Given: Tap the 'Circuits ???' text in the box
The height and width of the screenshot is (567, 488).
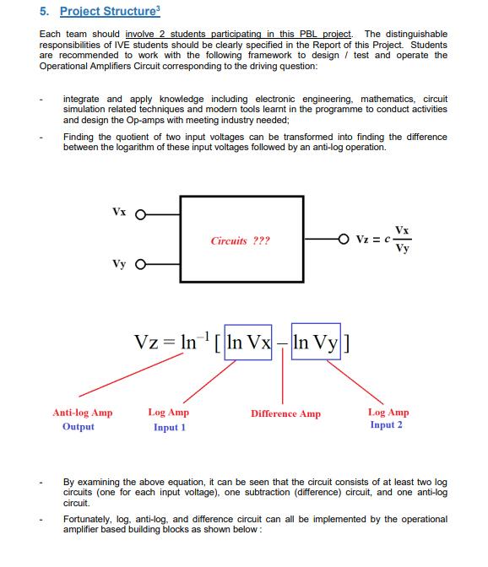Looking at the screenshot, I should (241, 240).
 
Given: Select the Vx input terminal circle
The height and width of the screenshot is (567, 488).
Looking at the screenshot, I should (140, 213).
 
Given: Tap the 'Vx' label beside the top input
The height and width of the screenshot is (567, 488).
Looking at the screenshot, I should (118, 211).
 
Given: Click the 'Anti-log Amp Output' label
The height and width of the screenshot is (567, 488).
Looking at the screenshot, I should (82, 419).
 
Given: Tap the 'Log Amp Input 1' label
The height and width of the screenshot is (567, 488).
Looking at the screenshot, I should (169, 419).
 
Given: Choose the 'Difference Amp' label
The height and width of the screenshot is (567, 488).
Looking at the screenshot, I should (285, 414).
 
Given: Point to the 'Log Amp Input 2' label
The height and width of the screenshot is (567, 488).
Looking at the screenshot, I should (388, 418).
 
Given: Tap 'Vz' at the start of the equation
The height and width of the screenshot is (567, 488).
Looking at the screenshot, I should (148, 344).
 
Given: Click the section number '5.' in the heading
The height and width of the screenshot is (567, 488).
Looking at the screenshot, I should (45, 12).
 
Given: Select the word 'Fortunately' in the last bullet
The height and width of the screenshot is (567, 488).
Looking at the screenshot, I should (86, 520).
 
